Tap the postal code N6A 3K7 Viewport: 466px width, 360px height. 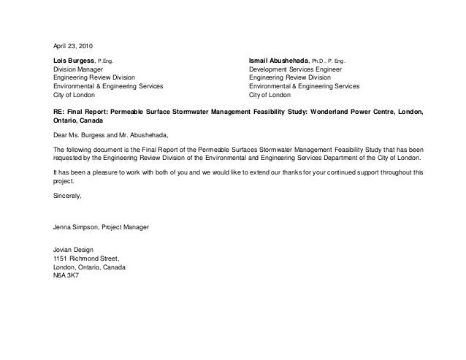67,275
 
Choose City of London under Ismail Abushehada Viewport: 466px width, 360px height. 270,95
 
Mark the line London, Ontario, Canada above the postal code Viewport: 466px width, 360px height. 90,267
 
